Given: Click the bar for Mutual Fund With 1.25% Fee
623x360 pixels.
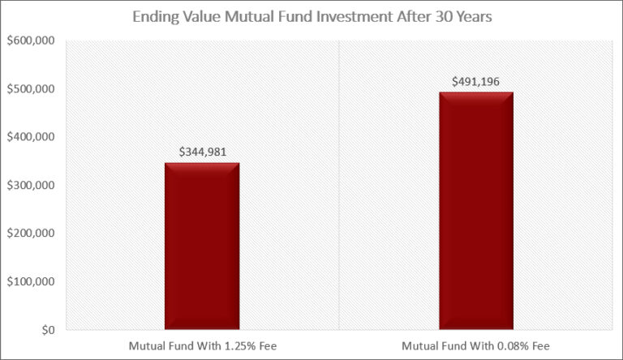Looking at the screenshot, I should [x=202, y=246].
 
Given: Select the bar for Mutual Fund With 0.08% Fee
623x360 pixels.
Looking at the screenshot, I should [x=476, y=211].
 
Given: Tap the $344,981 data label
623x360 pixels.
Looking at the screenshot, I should [x=202, y=151].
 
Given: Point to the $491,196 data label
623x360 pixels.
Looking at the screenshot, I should [x=476, y=81].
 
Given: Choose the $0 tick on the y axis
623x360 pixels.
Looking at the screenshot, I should [x=48, y=330].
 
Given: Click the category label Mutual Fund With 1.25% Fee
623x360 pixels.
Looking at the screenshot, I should [x=202, y=346].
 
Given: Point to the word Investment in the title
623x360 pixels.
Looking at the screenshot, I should [x=341, y=16].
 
